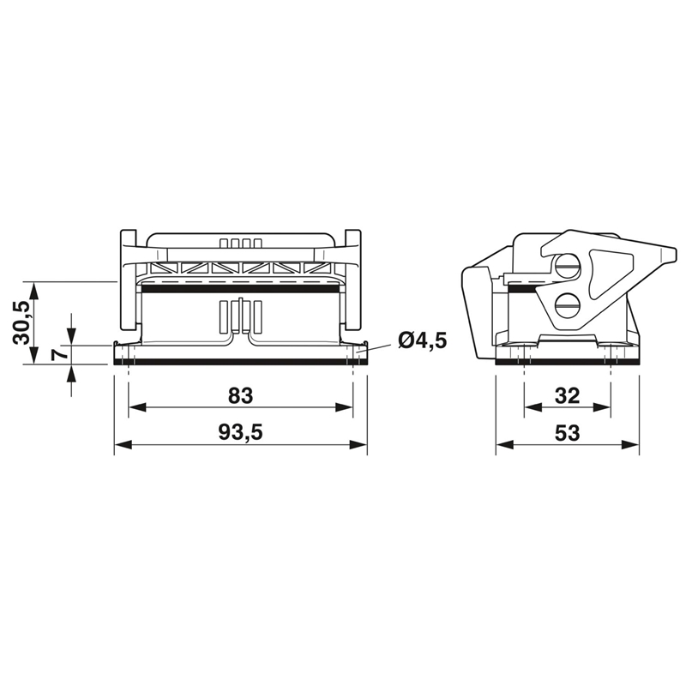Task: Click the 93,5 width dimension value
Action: click(x=241, y=433)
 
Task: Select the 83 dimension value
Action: click(x=241, y=395)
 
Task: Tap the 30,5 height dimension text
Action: click(x=22, y=323)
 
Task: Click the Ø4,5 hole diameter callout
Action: click(x=422, y=340)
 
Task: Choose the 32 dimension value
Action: click(x=567, y=395)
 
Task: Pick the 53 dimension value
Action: click(x=567, y=433)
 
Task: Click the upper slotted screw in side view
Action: click(x=567, y=267)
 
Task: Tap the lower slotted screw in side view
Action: click(x=567, y=305)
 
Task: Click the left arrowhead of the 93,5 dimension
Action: click(x=123, y=445)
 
